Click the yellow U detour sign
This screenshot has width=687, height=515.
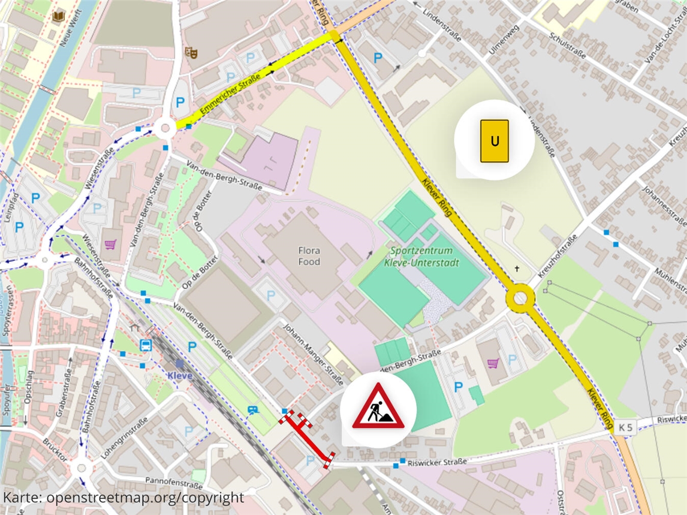pyautogui.click(x=495, y=141)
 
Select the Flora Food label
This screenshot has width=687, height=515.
pyautogui.click(x=309, y=256)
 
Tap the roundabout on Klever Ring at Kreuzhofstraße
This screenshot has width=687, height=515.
pyautogui.click(x=519, y=298)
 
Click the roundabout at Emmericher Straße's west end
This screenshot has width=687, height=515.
pyautogui.click(x=165, y=127)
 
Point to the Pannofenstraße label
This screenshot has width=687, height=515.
pyautogui.click(x=173, y=481)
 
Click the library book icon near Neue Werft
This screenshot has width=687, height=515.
pyautogui.click(x=59, y=17)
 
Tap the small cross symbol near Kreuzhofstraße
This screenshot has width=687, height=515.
pyautogui.click(x=517, y=269)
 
